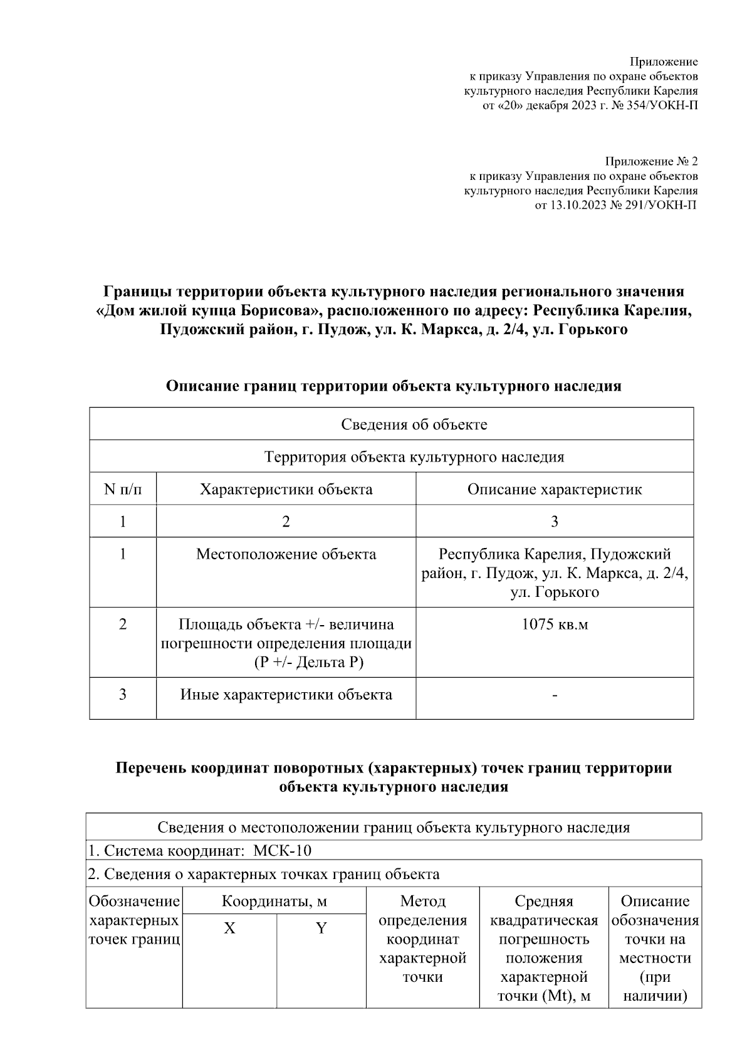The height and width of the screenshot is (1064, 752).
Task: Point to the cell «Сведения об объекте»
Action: (x=414, y=424)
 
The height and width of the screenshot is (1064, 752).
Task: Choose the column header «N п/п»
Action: (x=123, y=489)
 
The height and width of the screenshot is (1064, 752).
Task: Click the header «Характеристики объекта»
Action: (x=286, y=489)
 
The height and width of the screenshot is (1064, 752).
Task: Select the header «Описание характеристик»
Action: (x=554, y=489)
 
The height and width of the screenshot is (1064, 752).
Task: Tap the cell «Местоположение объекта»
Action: (x=286, y=554)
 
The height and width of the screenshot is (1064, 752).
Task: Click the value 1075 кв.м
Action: (x=554, y=624)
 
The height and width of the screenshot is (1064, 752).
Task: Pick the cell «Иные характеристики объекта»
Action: (x=286, y=695)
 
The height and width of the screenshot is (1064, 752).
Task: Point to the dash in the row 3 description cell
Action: (x=554, y=695)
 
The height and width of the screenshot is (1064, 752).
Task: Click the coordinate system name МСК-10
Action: (x=283, y=851)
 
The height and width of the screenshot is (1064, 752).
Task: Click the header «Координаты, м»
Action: (x=274, y=902)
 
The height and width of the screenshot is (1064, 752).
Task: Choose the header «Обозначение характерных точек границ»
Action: (x=134, y=920)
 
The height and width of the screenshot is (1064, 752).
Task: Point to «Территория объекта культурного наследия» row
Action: (x=414, y=456)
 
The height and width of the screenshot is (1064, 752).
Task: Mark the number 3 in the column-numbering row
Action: (x=554, y=522)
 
